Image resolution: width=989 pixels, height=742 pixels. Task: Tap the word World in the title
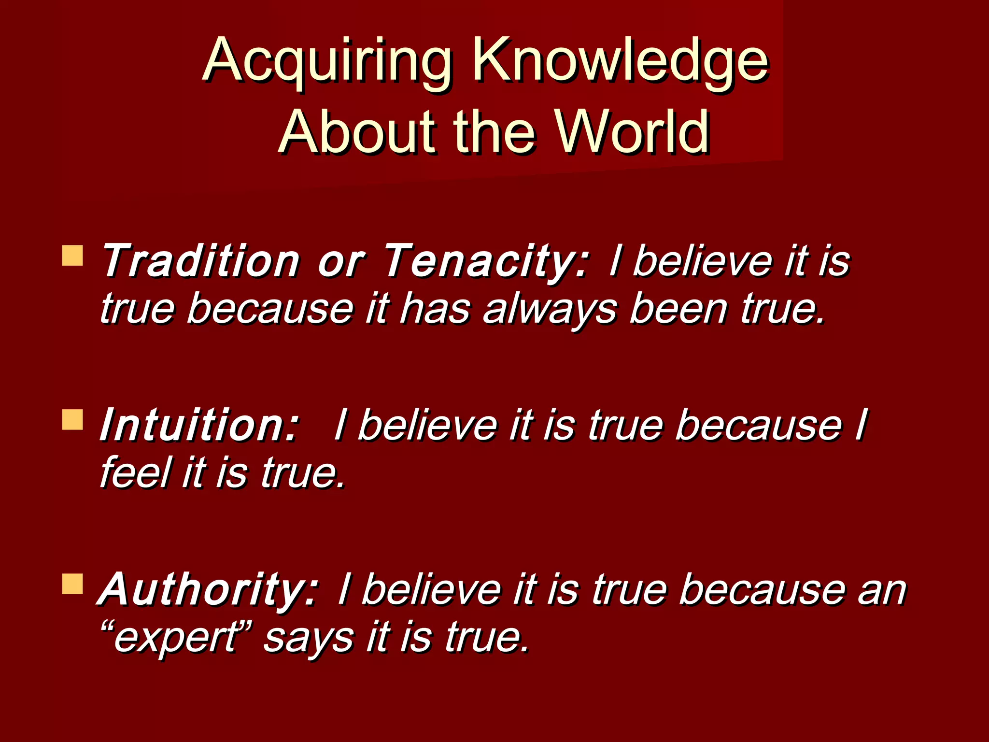(633, 131)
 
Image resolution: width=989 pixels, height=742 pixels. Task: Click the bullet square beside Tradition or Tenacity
(72, 256)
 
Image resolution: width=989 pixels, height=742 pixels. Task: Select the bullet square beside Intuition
(72, 420)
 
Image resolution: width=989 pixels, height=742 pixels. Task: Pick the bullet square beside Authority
(72, 584)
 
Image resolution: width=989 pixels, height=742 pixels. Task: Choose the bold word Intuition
(198, 425)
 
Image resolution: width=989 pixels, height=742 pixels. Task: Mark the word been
(678, 309)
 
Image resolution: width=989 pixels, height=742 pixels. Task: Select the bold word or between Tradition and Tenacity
(340, 262)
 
